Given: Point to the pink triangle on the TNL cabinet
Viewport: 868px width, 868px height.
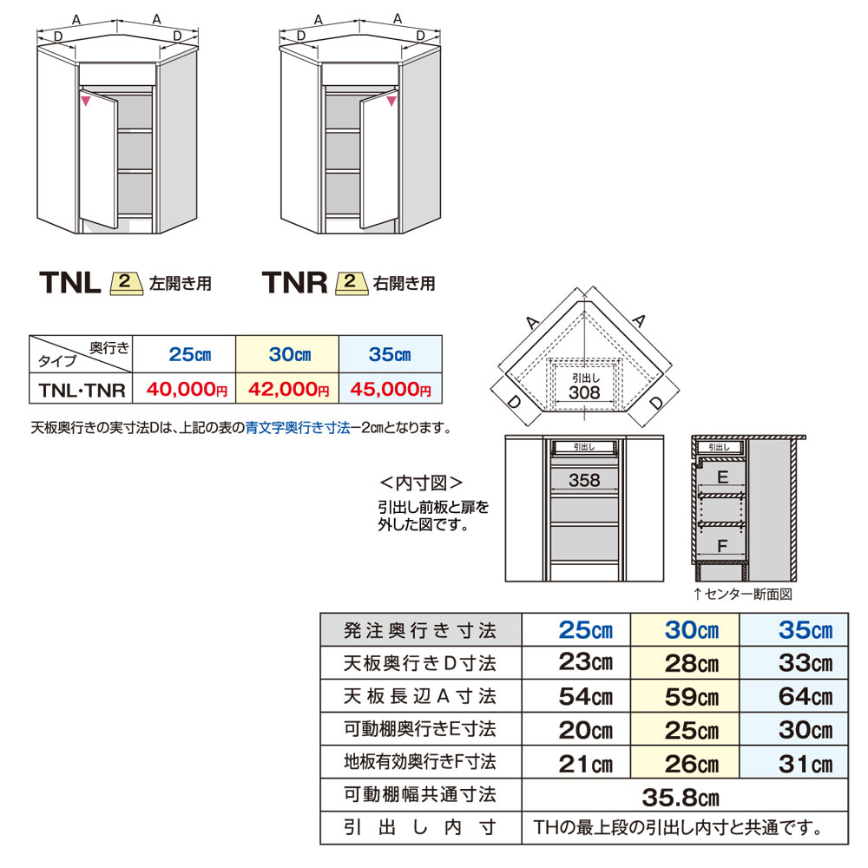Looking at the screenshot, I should coord(86,102).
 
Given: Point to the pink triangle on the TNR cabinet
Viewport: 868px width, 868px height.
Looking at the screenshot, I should coord(390,102).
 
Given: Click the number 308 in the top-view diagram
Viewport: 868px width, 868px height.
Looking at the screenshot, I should coord(584,392).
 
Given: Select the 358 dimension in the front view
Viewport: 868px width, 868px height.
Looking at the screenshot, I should coord(584,480).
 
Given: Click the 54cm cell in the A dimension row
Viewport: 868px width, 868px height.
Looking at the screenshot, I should coord(576,696).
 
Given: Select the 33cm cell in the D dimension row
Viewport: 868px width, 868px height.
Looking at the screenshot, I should coord(793,663).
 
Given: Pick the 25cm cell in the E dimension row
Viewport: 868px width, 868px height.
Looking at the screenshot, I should coord(686,729).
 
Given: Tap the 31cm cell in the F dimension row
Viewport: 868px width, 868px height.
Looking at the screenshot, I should coord(793,763).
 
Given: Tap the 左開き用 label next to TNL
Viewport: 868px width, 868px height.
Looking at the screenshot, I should coord(181,283).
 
